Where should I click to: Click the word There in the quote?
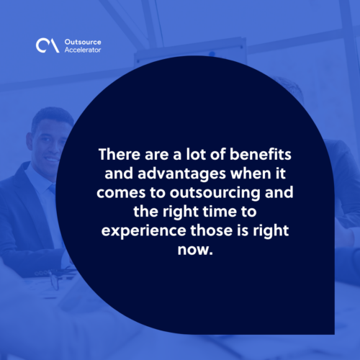pyautogui.click(x=120, y=154)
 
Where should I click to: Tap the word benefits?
pyautogui.click(x=261, y=154)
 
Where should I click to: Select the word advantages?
pyautogui.click(x=181, y=174)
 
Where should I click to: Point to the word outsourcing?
pyautogui.click(x=215, y=193)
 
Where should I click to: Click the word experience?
pyautogui.click(x=143, y=231)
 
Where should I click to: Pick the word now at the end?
pyautogui.click(x=193, y=250)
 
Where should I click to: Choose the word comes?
pyautogui.click(x=121, y=193)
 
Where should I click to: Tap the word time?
pyautogui.click(x=220, y=212)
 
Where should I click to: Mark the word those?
pyautogui.click(x=212, y=230)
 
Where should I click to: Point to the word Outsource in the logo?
pyautogui.click(x=83, y=42)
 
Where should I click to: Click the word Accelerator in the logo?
pyautogui.click(x=83, y=50)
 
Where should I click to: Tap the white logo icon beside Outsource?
pyautogui.click(x=48, y=45)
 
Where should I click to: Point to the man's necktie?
pyautogui.click(x=53, y=189)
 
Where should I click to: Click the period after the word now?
pyautogui.click(x=211, y=253)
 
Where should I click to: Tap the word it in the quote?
pyautogui.click(x=281, y=174)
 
